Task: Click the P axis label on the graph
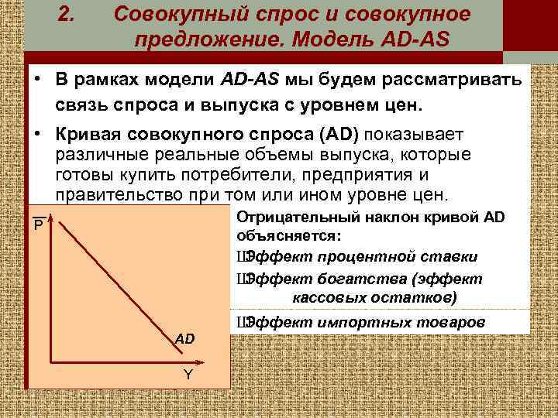point(36,226)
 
